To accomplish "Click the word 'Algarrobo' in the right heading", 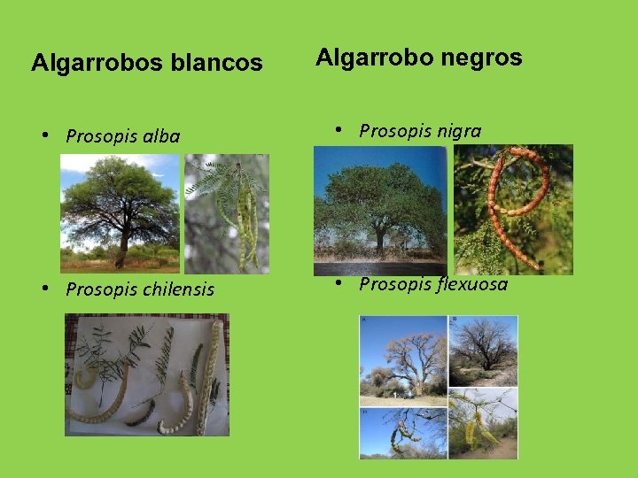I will [x=370, y=58].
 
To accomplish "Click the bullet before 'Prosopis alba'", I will [x=46, y=136].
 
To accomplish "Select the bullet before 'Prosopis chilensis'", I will [x=46, y=289].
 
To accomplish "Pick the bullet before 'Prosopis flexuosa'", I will [x=339, y=284].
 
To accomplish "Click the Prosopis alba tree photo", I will [x=120, y=213].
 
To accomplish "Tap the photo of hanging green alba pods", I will [x=226, y=213].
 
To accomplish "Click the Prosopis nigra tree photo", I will [x=380, y=211].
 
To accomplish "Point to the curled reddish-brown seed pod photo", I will [x=513, y=209].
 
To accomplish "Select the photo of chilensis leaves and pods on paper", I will [x=147, y=375].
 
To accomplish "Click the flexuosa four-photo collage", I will [x=438, y=387].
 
